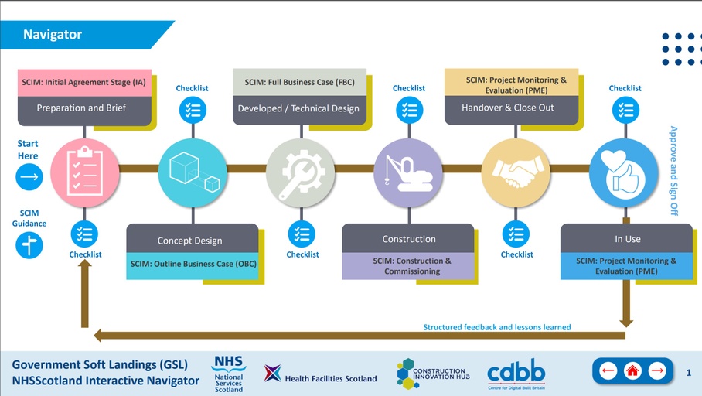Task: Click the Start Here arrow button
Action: coord(29,177)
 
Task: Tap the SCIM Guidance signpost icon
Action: coord(29,245)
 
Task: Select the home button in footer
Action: coord(632,371)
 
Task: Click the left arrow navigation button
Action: coord(608,371)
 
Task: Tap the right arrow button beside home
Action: coord(656,371)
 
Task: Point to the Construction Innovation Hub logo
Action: coord(431,374)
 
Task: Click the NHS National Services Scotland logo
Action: coord(229,374)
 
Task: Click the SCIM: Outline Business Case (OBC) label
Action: coord(193,264)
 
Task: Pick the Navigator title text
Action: coord(52,34)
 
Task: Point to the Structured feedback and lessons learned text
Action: coord(496,327)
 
